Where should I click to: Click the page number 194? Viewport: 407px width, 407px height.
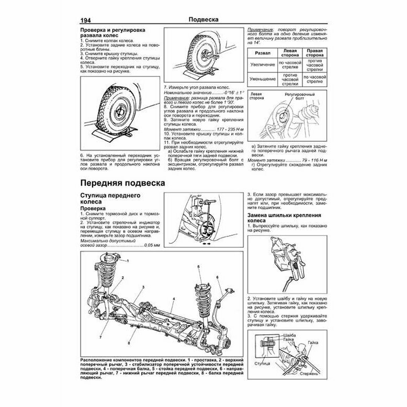coord(86,20)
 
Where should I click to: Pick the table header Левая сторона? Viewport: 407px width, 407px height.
coord(289,53)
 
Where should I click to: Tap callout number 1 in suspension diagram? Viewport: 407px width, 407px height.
coord(127,260)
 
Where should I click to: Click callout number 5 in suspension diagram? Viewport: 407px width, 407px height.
coord(199,267)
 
